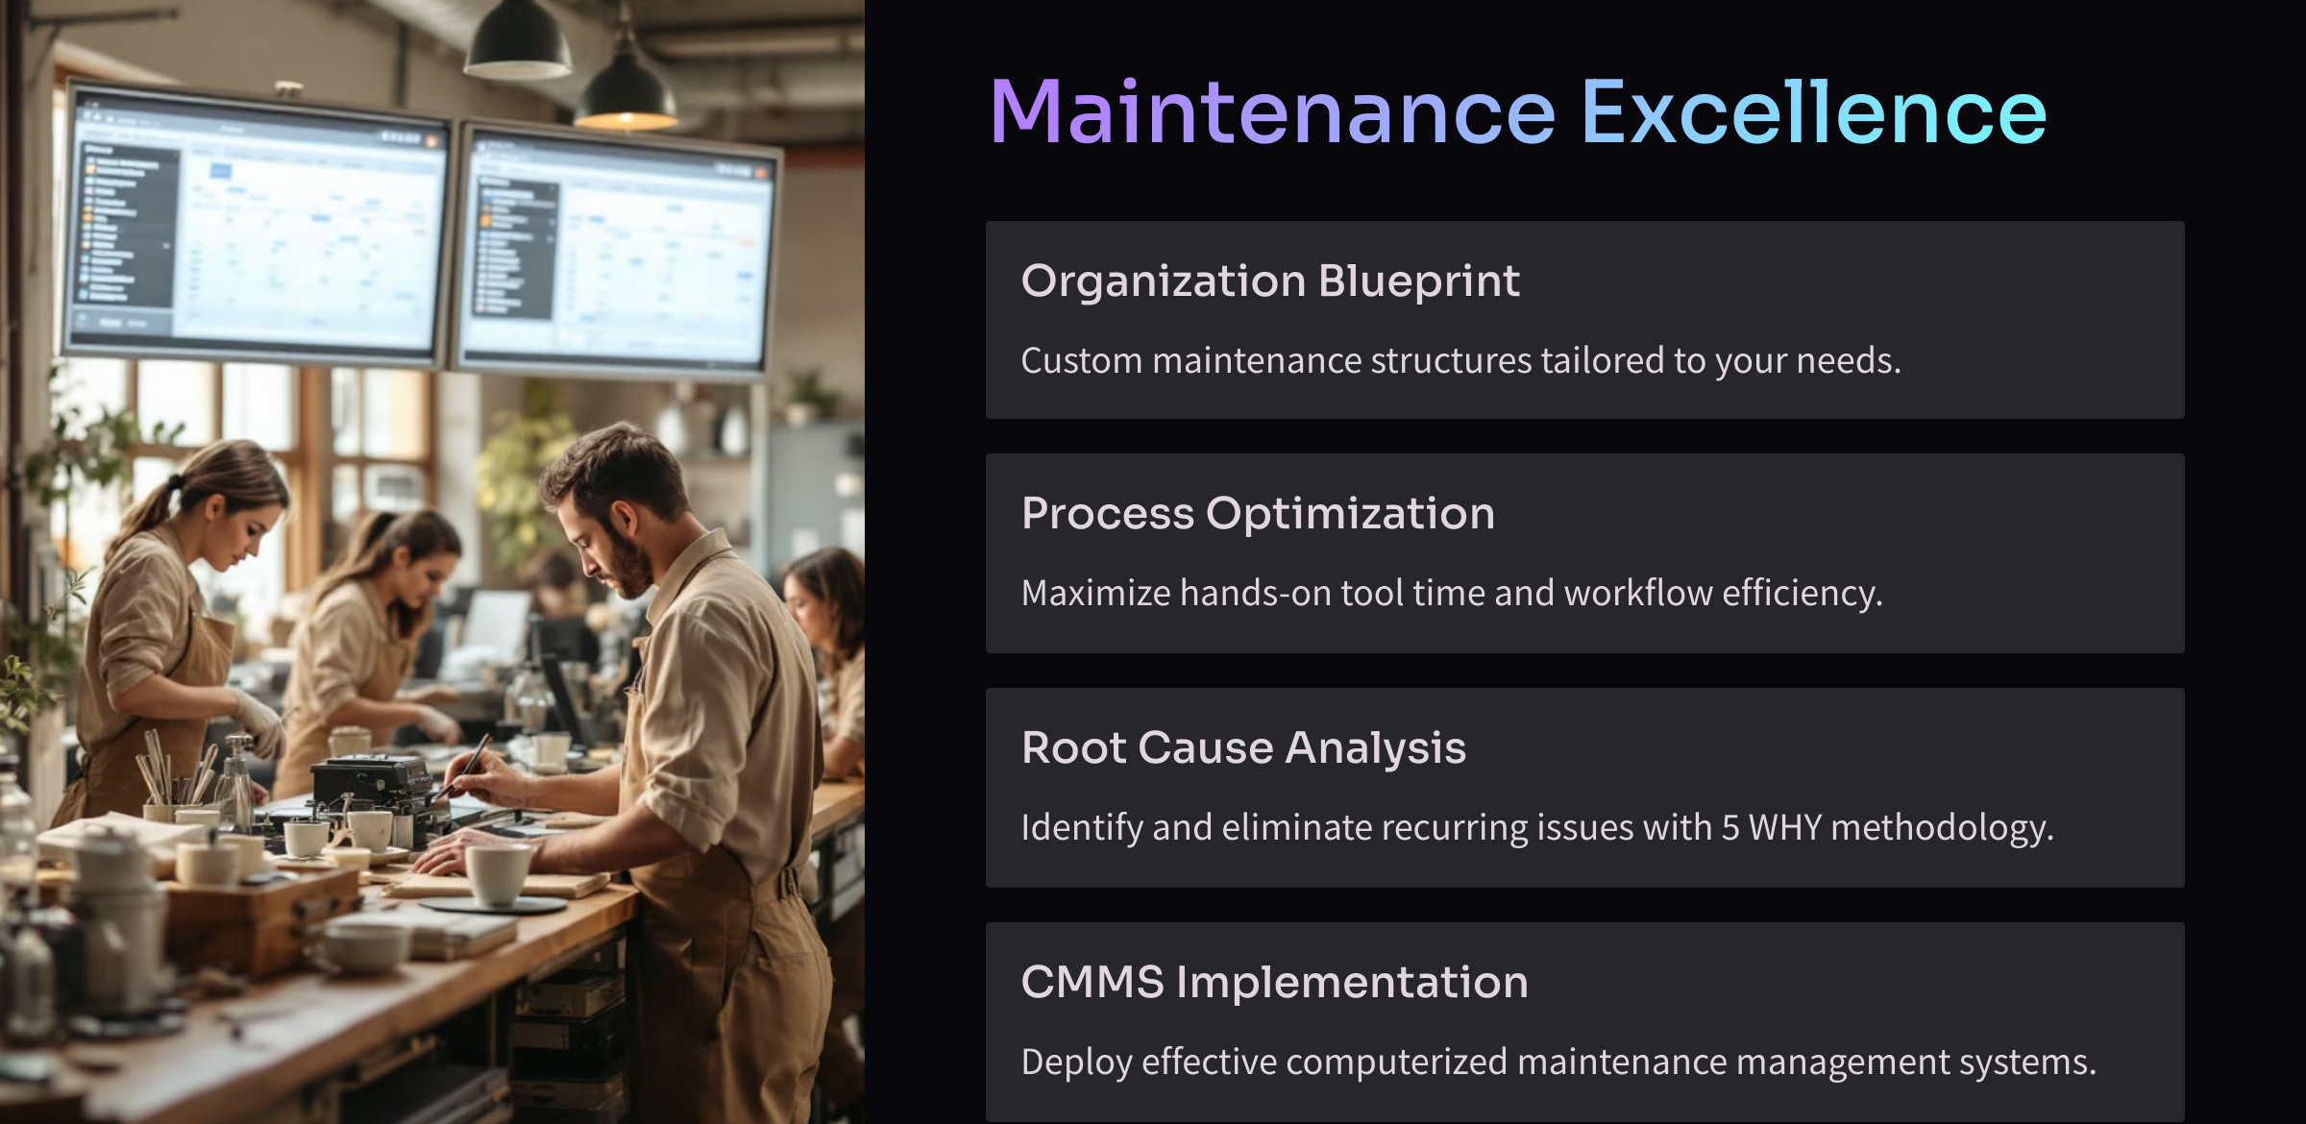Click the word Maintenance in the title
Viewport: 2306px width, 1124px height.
[x=1272, y=112]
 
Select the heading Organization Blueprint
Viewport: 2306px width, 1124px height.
[x=1270, y=281]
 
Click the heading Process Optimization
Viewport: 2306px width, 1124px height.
[x=1258, y=514]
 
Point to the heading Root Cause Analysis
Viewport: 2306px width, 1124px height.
[x=1243, y=748]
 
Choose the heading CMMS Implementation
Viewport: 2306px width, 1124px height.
[x=1274, y=982]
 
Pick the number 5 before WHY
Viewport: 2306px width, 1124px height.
[x=1729, y=828]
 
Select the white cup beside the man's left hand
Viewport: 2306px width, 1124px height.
[x=497, y=873]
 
